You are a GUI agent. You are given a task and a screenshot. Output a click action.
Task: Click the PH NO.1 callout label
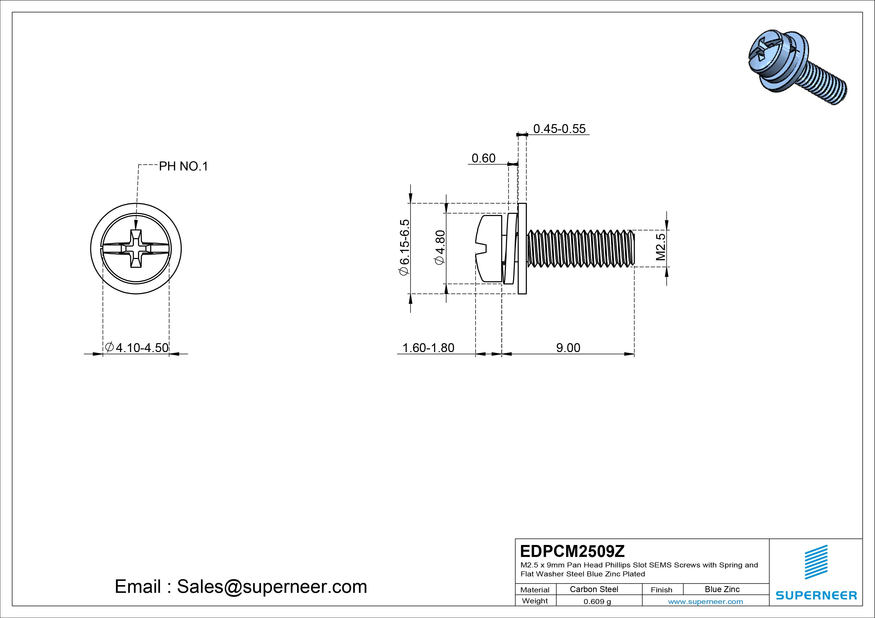[x=183, y=166]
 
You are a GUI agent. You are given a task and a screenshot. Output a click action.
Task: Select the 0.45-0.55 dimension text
[x=559, y=129]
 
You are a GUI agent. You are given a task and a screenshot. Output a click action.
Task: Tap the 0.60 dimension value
[x=483, y=158]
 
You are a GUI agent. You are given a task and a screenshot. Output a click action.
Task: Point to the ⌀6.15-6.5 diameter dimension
[x=404, y=247]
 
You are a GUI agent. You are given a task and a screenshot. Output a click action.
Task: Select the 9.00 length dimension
[x=568, y=348]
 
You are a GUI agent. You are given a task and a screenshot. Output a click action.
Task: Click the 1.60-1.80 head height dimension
[x=428, y=348]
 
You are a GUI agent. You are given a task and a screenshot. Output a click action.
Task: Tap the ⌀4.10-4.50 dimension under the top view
[x=137, y=348]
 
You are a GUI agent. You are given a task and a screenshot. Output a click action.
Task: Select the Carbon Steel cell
[x=594, y=589]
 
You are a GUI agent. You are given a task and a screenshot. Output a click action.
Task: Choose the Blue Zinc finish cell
[x=722, y=589]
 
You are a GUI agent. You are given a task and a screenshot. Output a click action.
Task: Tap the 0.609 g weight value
[x=597, y=602]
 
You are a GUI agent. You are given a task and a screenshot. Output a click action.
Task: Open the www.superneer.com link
[x=705, y=602]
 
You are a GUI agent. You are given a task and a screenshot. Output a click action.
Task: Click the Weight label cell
[x=535, y=601]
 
